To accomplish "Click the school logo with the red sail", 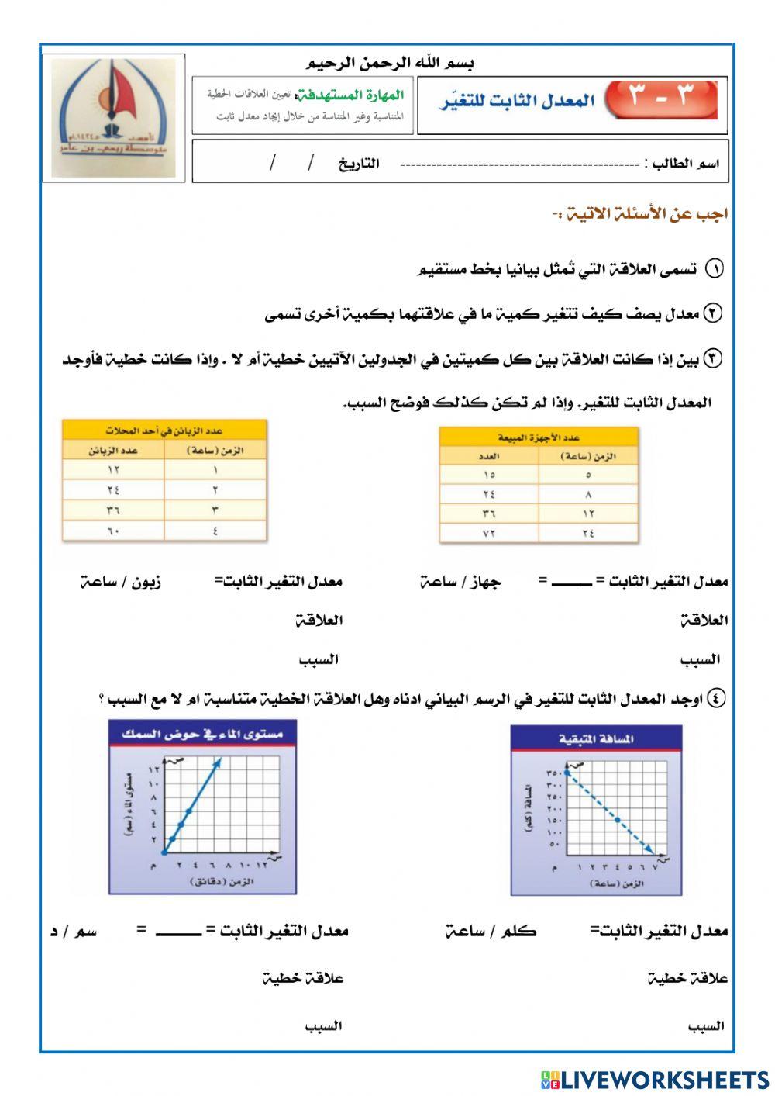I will coord(113,117).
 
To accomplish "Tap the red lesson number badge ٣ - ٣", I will coord(661,98).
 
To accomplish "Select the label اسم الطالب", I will coord(685,164).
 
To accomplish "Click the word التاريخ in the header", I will coord(359,164).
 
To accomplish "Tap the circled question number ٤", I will coord(717,699).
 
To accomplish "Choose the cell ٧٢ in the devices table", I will coord(489,533).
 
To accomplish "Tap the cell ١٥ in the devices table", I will coord(489,475).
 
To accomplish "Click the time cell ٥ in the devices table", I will coord(588,475).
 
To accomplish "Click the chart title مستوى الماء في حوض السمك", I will coord(202,733).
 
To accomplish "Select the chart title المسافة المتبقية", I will coord(596,738).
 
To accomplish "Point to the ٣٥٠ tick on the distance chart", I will coord(553,773).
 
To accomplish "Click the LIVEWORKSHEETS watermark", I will coord(655,1079).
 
